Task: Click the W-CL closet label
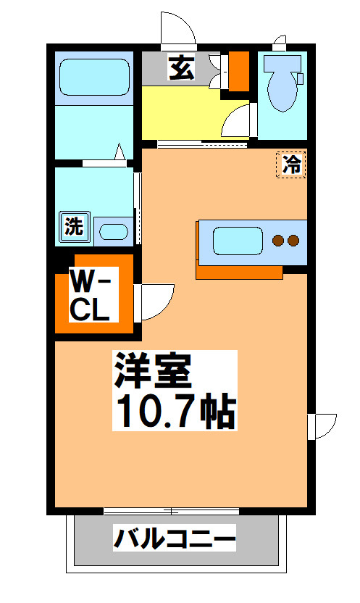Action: pos(90,295)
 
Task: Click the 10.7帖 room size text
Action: pos(174,411)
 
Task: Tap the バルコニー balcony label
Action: pos(175,540)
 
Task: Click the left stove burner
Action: pos(277,240)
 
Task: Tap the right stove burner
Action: pos(293,240)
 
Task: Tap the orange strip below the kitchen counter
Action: pos(239,273)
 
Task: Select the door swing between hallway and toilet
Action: pos(238,121)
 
